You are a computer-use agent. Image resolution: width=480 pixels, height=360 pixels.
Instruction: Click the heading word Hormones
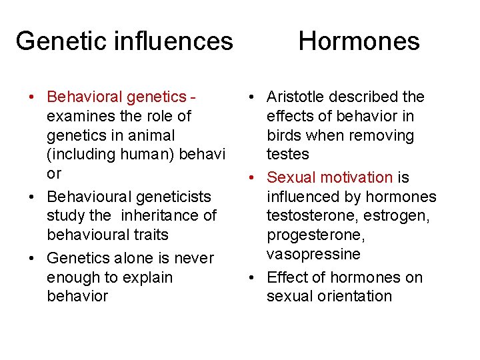pos(359,41)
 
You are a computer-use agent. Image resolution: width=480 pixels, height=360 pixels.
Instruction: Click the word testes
pos(288,154)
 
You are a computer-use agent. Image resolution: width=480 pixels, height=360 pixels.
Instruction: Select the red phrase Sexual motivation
pos(329,177)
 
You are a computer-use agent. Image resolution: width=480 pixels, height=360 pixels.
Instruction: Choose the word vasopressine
pos(313,254)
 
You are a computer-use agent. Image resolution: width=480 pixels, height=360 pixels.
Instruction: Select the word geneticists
pos(171,197)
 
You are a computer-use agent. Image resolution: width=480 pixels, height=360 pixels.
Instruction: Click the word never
pos(193,258)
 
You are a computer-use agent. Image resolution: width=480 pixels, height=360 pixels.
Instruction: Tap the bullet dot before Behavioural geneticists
pos(32,197)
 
